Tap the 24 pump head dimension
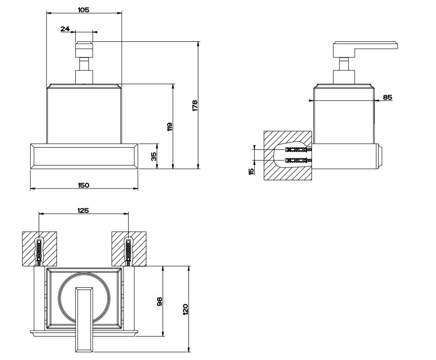pyautogui.click(x=65, y=29)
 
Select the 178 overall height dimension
pyautogui.click(x=195, y=105)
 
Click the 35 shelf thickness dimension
pyautogui.click(x=154, y=156)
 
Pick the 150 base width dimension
pyautogui.click(x=83, y=185)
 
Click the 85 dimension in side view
pyautogui.click(x=387, y=97)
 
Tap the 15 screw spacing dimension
pyautogui.click(x=251, y=171)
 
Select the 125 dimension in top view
pyautogui.click(x=83, y=210)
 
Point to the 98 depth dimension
pyautogui.click(x=159, y=302)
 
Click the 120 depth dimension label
pyautogui.click(x=186, y=309)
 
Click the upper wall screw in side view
pyautogui.click(x=297, y=149)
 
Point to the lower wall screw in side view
pyautogui.click(x=297, y=160)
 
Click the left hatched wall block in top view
pyautogui.click(x=28, y=248)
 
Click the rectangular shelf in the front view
pyautogui.click(x=84, y=156)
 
